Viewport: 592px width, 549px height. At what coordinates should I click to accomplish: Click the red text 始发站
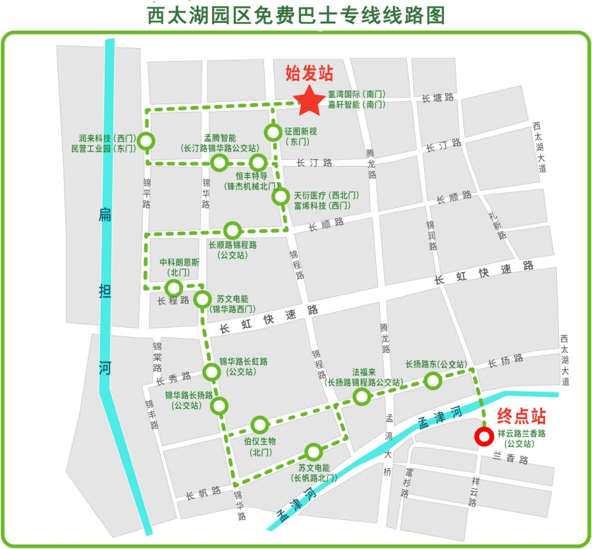coord(309,73)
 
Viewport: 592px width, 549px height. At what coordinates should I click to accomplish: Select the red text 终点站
coord(521,416)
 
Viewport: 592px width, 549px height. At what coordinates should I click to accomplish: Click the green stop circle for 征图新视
coord(273,132)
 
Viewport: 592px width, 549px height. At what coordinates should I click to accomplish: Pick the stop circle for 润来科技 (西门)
coord(146,141)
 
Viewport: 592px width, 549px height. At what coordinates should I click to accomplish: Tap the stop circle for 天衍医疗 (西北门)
coord(281,197)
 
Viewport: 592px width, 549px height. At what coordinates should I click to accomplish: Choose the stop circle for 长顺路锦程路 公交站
coord(232,231)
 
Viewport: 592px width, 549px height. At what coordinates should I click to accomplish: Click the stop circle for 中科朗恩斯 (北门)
coord(173,287)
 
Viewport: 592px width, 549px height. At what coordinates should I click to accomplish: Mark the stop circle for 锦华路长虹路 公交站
coord(212,372)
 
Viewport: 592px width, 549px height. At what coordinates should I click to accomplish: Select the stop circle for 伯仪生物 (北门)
coord(260,424)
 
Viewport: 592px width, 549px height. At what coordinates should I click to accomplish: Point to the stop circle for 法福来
coord(361,397)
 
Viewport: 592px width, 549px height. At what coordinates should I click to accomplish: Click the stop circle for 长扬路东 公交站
coord(434,381)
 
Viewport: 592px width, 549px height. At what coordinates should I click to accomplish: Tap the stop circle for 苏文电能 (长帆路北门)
coord(314,452)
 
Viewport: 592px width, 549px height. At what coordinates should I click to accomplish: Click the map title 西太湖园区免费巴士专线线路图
coord(296,15)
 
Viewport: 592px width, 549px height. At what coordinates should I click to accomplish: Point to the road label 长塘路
coord(438,97)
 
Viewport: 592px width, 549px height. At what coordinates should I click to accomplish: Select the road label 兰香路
coord(511,460)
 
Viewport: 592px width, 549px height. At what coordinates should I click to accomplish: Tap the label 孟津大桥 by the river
coord(388,444)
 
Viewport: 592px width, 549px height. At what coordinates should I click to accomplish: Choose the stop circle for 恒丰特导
coord(258,163)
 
